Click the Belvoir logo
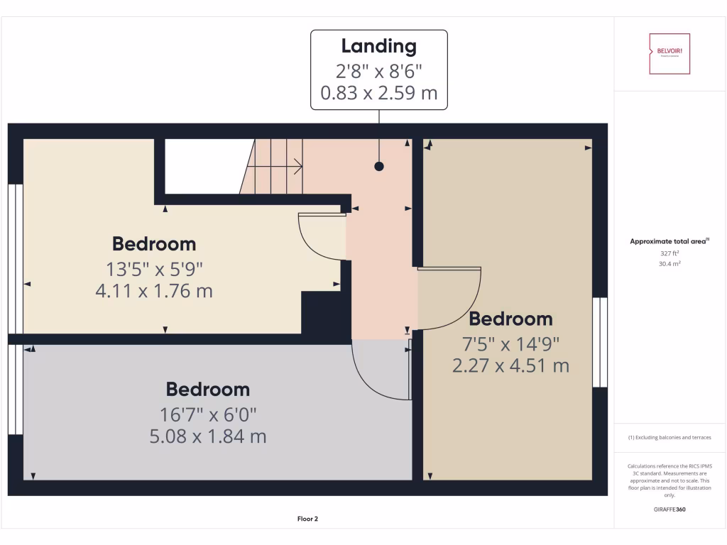(669, 53)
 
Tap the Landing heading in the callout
(378, 47)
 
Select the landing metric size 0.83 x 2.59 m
(378, 92)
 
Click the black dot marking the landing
(379, 167)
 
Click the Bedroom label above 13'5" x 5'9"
(154, 244)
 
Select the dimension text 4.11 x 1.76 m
(154, 291)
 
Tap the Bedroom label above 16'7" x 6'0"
(208, 390)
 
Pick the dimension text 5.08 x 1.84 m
(208, 436)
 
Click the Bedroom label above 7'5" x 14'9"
(510, 319)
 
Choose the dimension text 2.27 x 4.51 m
(510, 366)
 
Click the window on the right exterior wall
(600, 342)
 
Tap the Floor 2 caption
(307, 519)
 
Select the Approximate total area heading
(669, 242)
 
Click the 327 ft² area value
(669, 253)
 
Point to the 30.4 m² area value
(669, 263)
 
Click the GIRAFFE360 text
(669, 509)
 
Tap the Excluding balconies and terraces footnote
(669, 438)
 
